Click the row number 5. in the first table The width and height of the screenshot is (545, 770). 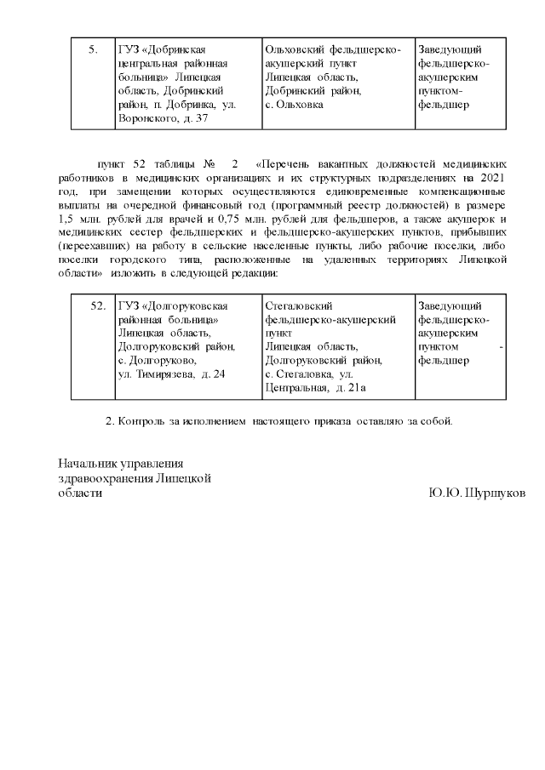tap(93, 50)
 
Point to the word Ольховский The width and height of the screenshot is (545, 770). tap(295, 50)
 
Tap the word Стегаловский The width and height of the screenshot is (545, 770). tap(299, 305)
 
